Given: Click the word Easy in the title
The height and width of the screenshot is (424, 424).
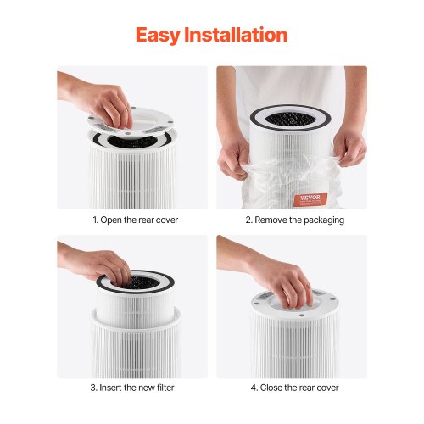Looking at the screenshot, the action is pos(158,36).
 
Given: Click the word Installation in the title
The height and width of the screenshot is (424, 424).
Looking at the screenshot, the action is pos(236,35).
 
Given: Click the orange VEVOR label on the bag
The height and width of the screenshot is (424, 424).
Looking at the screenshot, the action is pos(310,199).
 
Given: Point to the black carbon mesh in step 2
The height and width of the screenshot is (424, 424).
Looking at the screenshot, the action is pos(291,119).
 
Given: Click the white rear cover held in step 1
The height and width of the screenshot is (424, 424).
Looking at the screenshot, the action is pos(131,122).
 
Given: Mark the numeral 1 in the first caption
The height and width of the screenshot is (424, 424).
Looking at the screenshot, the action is pos(95,220).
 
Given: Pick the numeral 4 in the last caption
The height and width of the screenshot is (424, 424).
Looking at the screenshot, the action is pos(254,388).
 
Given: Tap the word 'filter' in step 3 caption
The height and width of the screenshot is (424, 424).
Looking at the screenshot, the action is pos(165,388).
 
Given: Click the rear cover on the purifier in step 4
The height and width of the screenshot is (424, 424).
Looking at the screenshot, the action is pos(295,304).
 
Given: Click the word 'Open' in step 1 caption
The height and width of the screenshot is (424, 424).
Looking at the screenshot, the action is pos(111,220).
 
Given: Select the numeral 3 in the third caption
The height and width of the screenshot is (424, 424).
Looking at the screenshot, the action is pos(93,388).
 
